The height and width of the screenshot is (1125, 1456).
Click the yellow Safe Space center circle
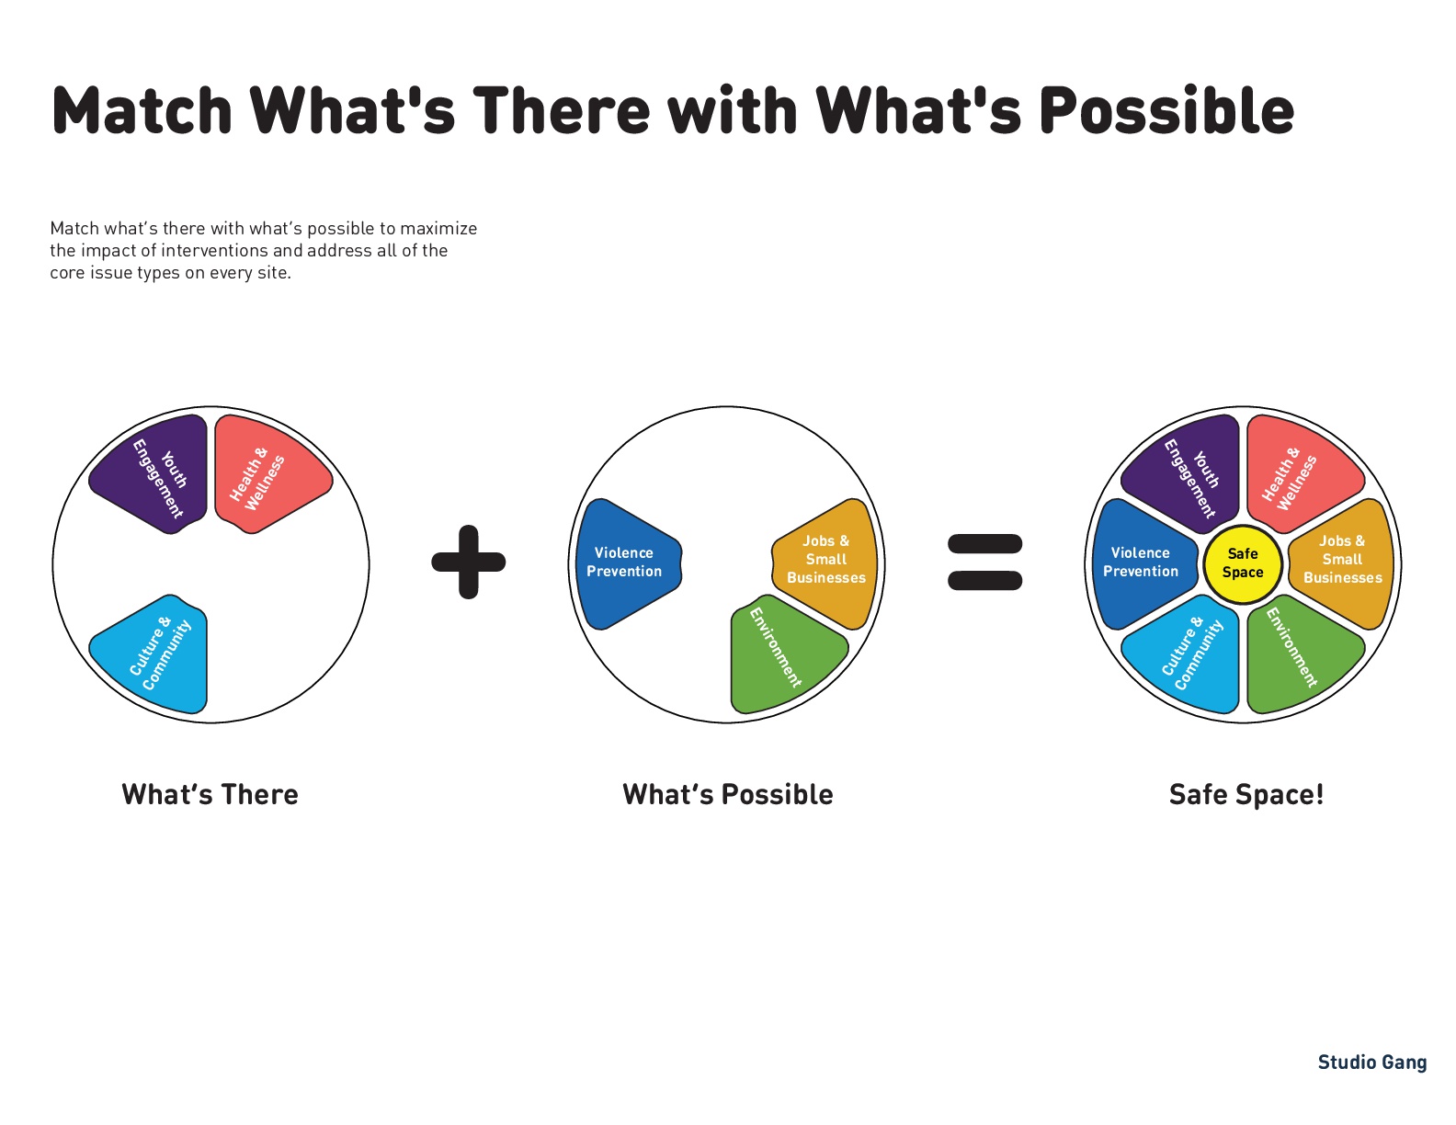1242,564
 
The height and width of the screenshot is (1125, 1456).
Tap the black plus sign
468,562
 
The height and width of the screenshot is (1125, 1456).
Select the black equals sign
984,562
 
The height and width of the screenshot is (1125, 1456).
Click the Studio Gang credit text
1371,1062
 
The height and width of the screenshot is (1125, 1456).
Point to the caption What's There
210,795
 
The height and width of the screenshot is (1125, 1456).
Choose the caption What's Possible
727,795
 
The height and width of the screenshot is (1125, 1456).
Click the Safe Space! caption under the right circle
1246,795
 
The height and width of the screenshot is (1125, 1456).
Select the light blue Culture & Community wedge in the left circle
154,654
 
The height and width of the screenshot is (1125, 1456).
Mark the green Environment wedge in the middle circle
784,654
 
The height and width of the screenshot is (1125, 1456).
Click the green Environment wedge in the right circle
1301,654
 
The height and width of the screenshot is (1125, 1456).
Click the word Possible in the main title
1166,110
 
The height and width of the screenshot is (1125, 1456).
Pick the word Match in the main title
142,110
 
